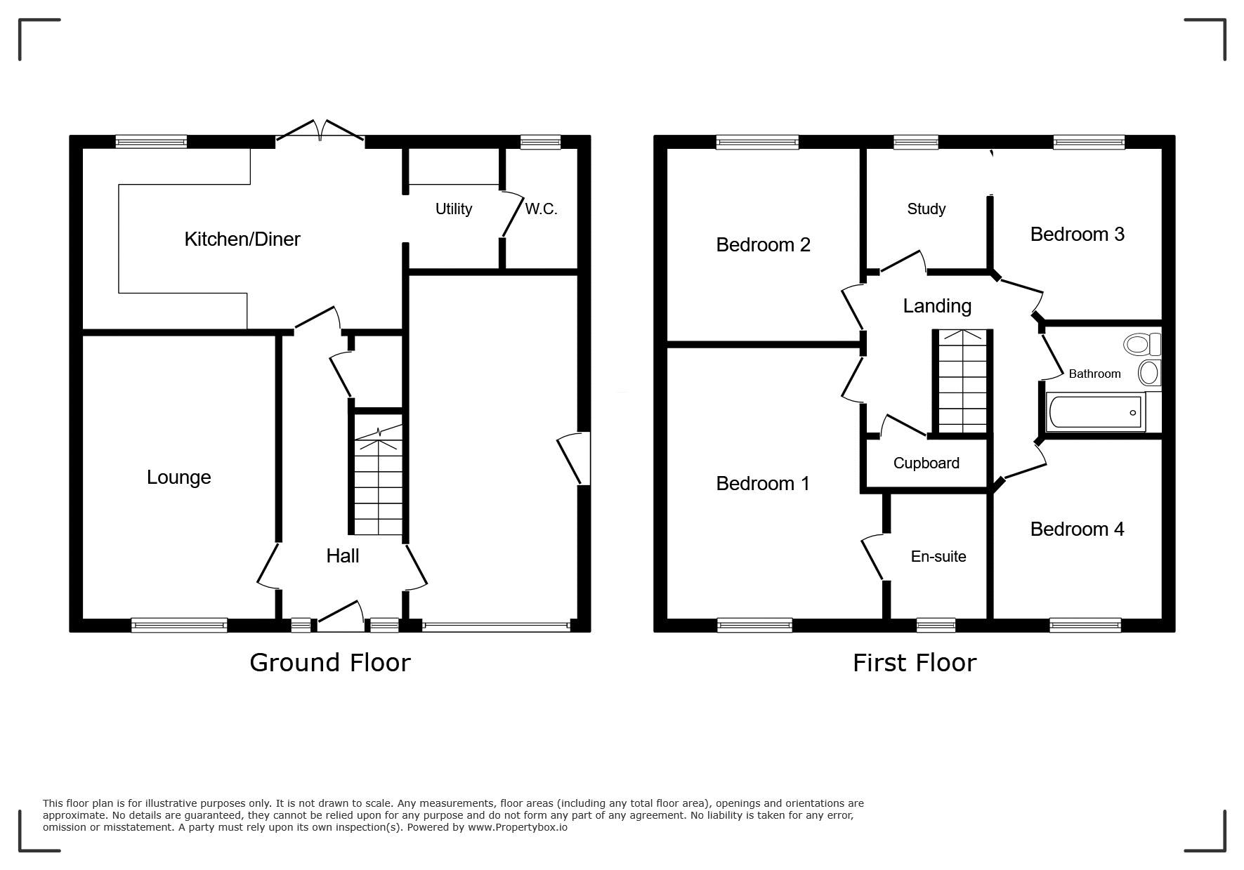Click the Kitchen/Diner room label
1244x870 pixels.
click(242, 239)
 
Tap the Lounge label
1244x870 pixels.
click(179, 477)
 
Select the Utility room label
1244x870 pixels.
click(454, 209)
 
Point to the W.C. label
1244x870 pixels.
click(541, 209)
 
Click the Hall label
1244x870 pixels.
click(343, 556)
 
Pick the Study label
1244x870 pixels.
click(927, 209)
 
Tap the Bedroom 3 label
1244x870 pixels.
click(1078, 235)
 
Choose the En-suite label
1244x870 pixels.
click(938, 557)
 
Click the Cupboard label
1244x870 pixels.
click(927, 463)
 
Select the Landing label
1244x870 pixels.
click(937, 306)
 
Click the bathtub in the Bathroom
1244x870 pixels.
click(1096, 411)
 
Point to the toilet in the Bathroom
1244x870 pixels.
click(1142, 345)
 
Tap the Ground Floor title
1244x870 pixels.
click(330, 663)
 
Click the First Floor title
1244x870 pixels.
click(915, 663)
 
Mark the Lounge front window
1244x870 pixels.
click(179, 625)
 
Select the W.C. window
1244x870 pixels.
click(540, 142)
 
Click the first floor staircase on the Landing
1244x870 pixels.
click(962, 381)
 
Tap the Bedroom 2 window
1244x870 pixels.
click(757, 142)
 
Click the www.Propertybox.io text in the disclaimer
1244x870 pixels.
click(518, 827)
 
